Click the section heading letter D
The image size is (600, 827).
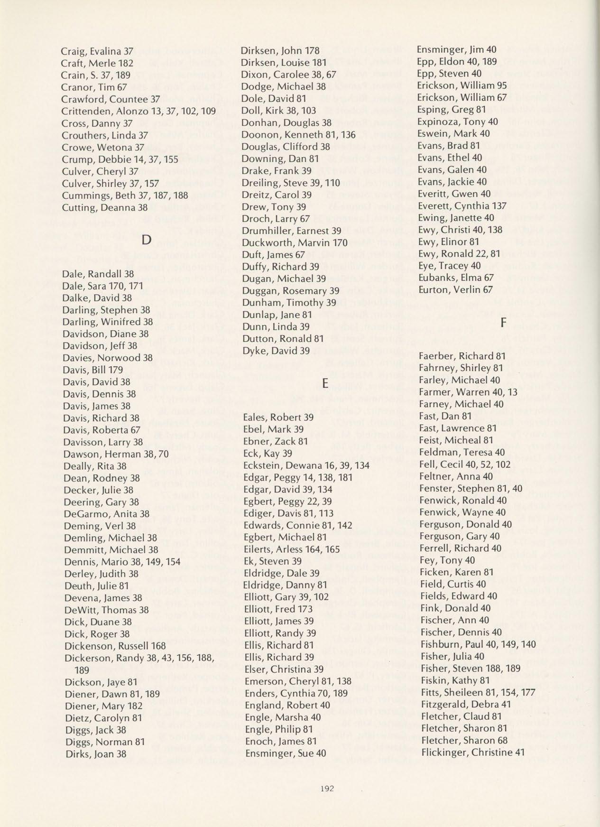pyautogui.click(x=147, y=240)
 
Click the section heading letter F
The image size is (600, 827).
pyautogui.click(x=503, y=322)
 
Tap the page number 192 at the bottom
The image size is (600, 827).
pyautogui.click(x=328, y=789)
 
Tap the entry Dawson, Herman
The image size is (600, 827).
pyautogui.click(x=116, y=454)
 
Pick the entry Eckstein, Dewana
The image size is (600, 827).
pyautogui.click(x=306, y=465)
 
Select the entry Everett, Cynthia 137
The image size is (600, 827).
pyautogui.click(x=462, y=206)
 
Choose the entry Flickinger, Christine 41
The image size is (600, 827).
pyautogui.click(x=472, y=752)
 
